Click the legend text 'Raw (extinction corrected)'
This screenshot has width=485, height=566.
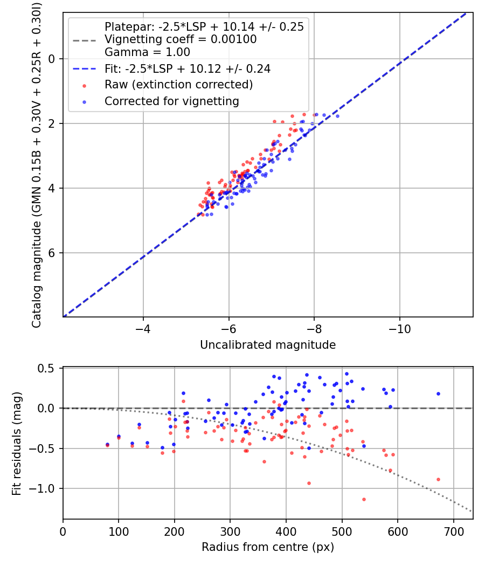[178, 85]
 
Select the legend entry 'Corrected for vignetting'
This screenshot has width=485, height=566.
[171, 101]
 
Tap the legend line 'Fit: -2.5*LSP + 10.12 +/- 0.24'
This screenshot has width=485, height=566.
[188, 68]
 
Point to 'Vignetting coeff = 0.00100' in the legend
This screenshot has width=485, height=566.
[181, 39]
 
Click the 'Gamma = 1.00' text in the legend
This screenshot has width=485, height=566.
[147, 52]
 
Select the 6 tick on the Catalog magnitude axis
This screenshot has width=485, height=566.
[52, 253]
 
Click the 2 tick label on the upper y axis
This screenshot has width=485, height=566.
[52, 123]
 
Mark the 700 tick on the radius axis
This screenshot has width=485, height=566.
[453, 532]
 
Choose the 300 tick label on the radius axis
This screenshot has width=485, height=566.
[230, 532]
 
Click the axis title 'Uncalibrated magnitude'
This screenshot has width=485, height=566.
[268, 345]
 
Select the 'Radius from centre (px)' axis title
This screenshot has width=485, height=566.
[268, 547]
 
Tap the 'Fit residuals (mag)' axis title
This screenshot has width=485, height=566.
[17, 443]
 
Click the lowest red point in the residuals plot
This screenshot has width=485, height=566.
[364, 499]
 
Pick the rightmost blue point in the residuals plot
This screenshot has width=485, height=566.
[438, 394]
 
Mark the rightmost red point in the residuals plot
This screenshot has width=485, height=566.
[438, 479]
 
